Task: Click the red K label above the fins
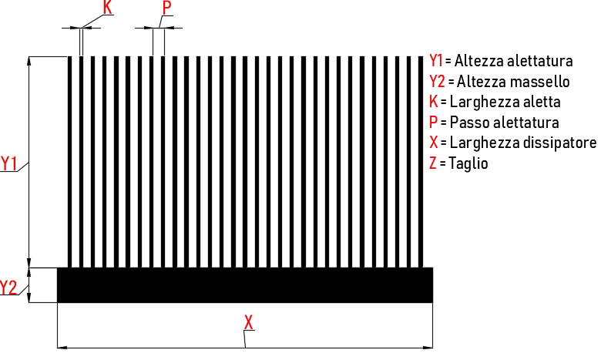point(108,7)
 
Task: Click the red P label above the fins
point(166,8)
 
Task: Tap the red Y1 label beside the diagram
point(8,163)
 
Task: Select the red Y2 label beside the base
point(8,288)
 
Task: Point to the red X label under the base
point(249,322)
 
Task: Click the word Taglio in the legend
point(468,163)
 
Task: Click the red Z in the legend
point(433,163)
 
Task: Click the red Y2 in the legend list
point(438,81)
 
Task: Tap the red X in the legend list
point(434,143)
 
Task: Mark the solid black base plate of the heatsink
point(245,285)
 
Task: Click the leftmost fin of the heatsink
point(70,162)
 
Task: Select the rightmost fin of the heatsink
point(421,162)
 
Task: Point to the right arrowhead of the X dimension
point(428,348)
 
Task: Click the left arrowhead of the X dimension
point(62,348)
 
